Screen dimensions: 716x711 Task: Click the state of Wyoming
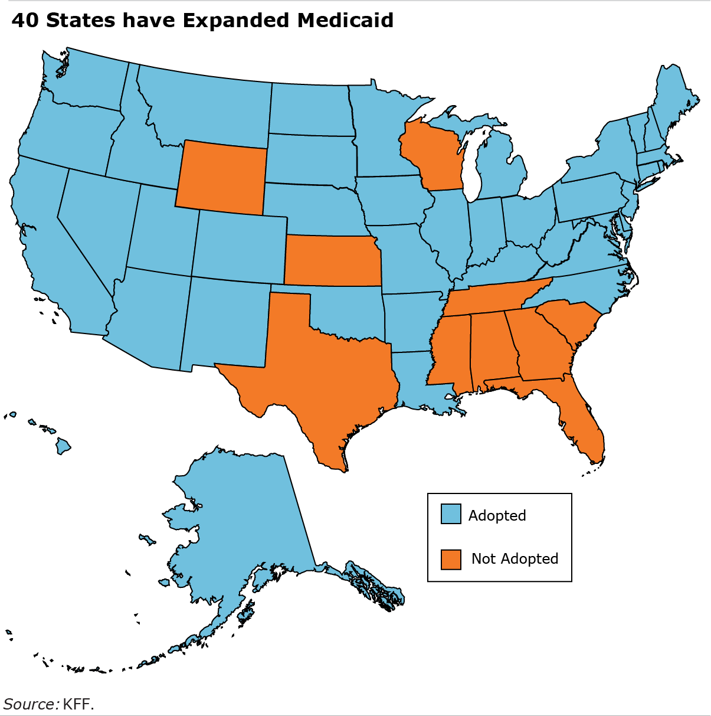click(x=221, y=177)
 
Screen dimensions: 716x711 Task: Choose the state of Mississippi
click(x=451, y=351)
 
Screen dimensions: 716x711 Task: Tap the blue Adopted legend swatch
click(x=451, y=514)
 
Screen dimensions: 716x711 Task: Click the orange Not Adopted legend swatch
click(x=451, y=559)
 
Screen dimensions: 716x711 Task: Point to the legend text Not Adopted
click(x=515, y=559)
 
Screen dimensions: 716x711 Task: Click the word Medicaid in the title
click(x=345, y=20)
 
